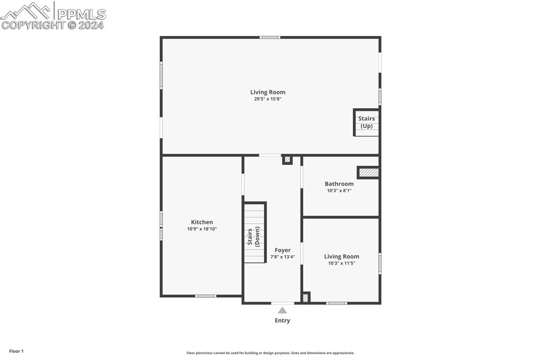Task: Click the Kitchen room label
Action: pos(202,222)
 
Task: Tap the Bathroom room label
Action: pos(339,184)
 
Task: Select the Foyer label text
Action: pos(283,250)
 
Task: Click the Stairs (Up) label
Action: pos(367,122)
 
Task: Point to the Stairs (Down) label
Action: pos(253,236)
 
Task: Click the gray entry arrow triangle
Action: pos(282,310)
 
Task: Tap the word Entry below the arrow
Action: pos(282,321)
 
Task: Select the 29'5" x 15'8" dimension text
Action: pos(268,99)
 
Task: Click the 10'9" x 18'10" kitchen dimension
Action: pos(202,229)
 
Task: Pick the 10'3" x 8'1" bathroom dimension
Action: pos(339,191)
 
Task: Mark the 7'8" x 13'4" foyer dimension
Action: pos(283,257)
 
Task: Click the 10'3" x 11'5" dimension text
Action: pos(342,263)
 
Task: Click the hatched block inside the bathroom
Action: pos(368,173)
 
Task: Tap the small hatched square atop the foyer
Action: pos(287,159)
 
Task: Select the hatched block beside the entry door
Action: pos(306,297)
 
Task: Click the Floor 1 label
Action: pos(16,352)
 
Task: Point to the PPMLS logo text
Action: pos(81,14)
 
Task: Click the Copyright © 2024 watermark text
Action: pos(52,25)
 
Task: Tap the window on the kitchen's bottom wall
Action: pos(206,296)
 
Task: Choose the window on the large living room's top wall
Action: pos(270,37)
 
